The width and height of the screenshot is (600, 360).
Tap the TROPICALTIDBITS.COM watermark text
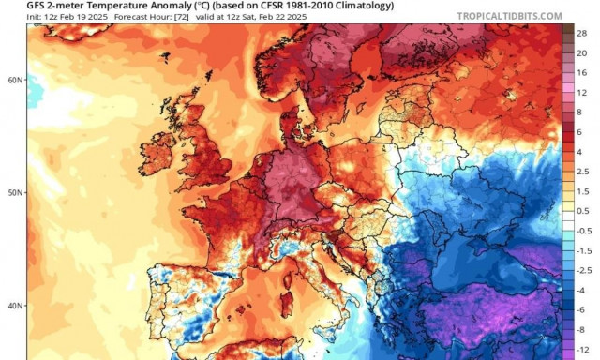click(x=509, y=16)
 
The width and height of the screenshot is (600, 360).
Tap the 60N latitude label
click(x=14, y=81)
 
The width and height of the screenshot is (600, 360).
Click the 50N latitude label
click(x=14, y=192)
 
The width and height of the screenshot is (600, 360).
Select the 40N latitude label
click(x=14, y=306)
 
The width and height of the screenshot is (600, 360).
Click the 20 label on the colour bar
click(x=582, y=53)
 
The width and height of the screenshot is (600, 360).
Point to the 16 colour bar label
click(x=582, y=71)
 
